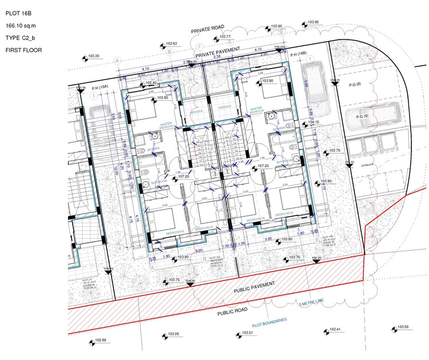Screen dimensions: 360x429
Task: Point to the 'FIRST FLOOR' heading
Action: click(23, 50)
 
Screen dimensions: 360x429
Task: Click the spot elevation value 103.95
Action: click(313, 22)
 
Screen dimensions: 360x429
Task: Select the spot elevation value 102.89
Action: click(101, 341)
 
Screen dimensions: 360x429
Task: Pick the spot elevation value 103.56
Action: click(403, 327)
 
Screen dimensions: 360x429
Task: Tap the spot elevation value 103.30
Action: click(94, 56)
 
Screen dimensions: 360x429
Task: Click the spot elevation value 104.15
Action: click(312, 122)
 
